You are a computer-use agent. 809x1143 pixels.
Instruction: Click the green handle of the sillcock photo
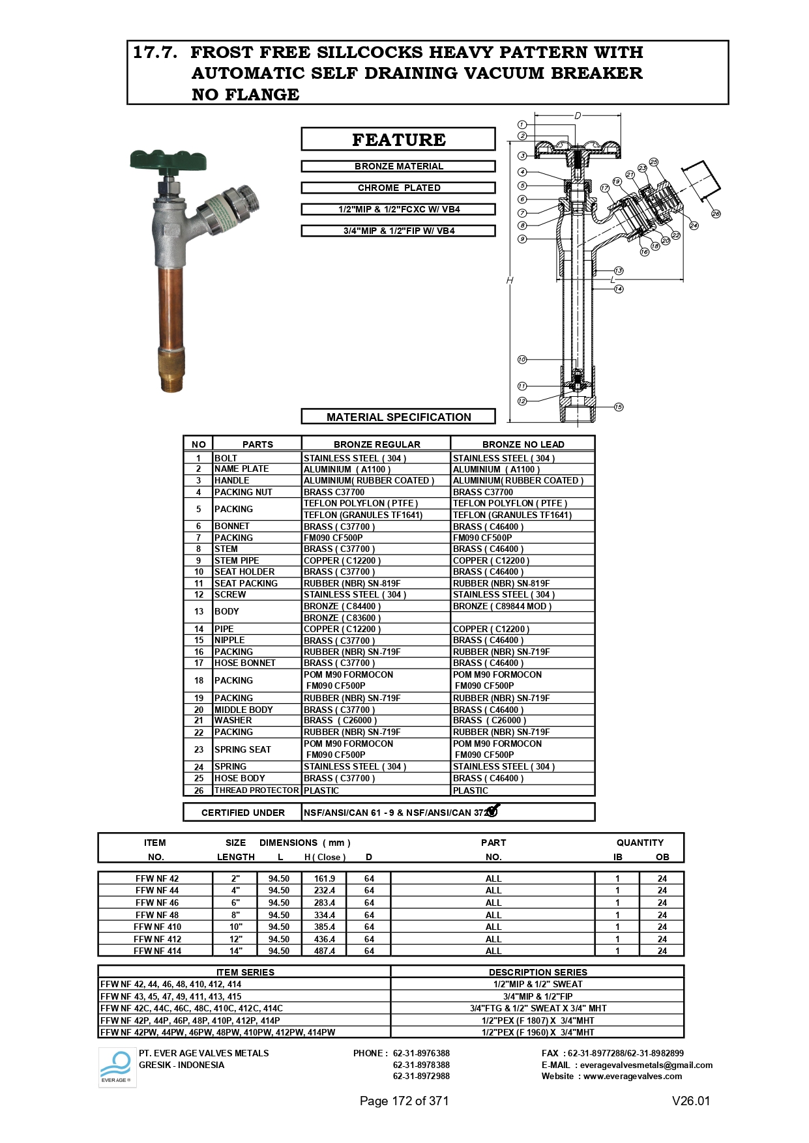tap(168, 160)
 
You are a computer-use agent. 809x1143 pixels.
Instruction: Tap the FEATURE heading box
tap(398, 139)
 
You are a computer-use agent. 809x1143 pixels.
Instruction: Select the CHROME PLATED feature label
tap(398, 188)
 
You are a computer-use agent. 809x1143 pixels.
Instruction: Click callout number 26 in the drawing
tap(716, 214)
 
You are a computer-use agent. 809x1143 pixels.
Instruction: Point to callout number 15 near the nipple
tap(619, 407)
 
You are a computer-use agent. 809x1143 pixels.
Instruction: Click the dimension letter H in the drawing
tap(510, 280)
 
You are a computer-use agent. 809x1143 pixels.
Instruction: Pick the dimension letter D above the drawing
tap(578, 116)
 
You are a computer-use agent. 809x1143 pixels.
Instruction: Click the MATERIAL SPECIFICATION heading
tap(398, 417)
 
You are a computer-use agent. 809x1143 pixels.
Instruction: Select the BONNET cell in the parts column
tap(232, 526)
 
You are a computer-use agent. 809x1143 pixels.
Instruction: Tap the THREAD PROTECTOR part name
tap(257, 790)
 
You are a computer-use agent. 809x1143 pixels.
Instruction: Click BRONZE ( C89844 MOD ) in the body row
tap(502, 606)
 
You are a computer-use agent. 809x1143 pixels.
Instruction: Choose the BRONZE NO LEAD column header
tap(523, 444)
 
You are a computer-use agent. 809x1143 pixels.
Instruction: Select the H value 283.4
tap(325, 903)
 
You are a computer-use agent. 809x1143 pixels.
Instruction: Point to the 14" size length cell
tap(235, 951)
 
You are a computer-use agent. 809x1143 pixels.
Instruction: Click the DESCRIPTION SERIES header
tap(538, 972)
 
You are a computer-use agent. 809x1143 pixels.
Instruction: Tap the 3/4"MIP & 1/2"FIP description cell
tap(538, 996)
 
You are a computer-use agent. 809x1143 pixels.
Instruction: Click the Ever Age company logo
tap(117, 1067)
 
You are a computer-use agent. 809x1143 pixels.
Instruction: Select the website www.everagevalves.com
tap(632, 1076)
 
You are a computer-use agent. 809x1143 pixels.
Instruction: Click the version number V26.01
tap(691, 1101)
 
